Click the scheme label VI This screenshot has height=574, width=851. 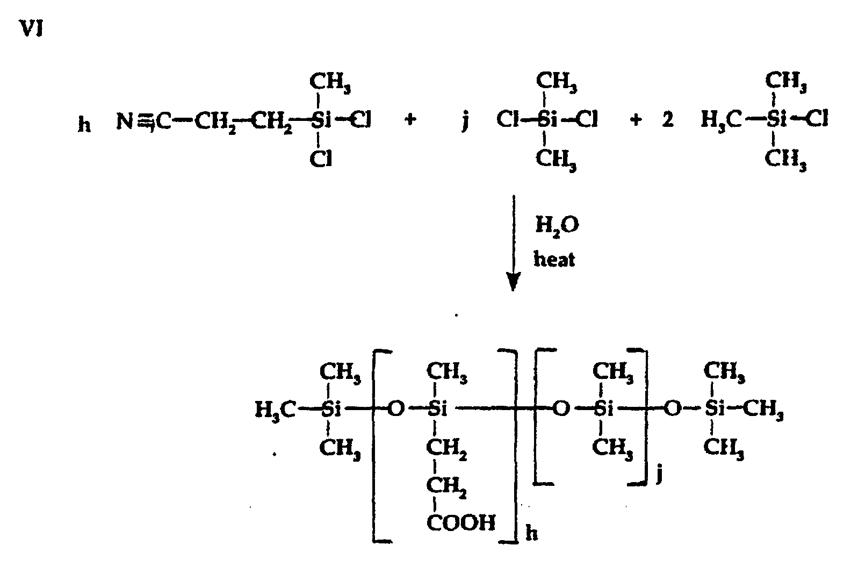click(x=31, y=30)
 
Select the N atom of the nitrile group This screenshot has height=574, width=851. click(x=125, y=121)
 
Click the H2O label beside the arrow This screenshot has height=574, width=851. click(x=557, y=226)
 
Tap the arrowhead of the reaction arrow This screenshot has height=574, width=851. click(x=514, y=282)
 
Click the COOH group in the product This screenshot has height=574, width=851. click(x=461, y=522)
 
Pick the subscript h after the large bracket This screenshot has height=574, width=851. click(x=531, y=534)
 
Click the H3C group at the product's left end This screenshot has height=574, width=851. click(x=276, y=411)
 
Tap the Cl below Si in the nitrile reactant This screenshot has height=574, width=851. click(x=320, y=159)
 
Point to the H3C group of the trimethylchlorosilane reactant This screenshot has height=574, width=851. click(x=722, y=119)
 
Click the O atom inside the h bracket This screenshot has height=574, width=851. click(x=395, y=410)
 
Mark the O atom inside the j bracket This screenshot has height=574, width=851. click(x=560, y=410)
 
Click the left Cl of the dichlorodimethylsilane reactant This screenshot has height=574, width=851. click(x=507, y=119)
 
